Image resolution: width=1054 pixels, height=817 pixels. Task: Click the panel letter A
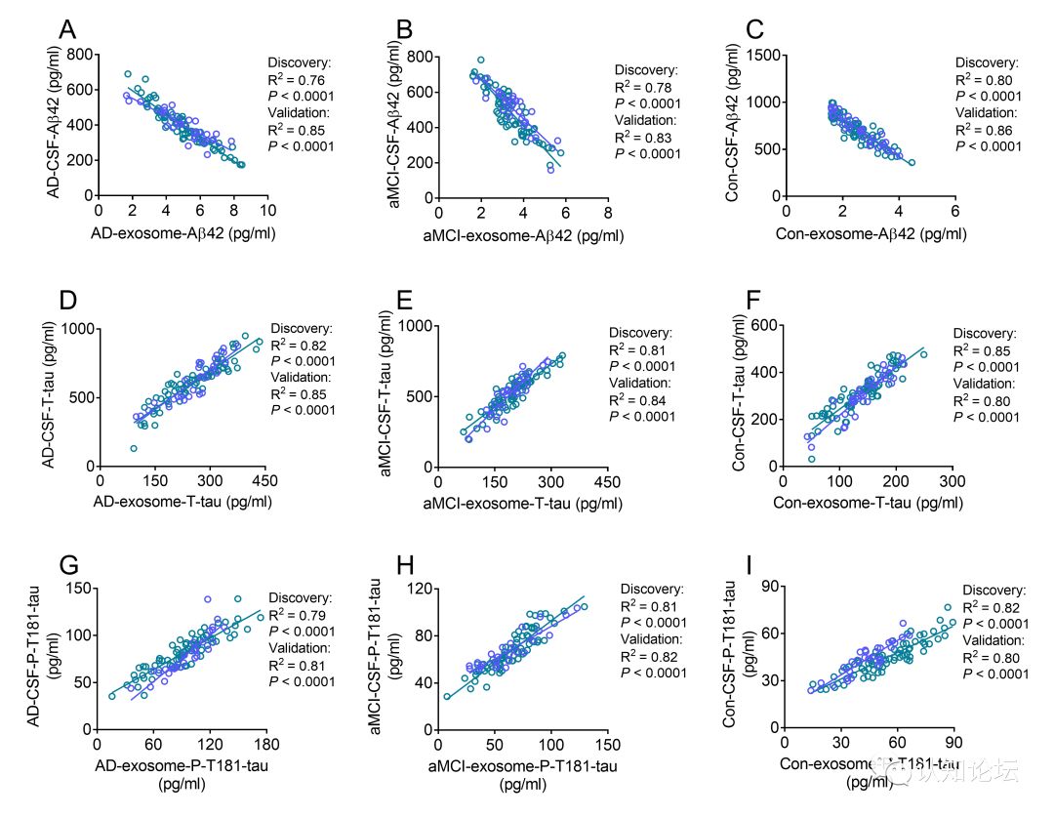tap(67, 30)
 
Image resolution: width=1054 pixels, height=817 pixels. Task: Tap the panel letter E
tap(407, 300)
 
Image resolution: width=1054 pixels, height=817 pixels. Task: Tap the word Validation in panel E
tap(641, 384)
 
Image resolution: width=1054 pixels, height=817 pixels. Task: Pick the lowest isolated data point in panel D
tap(133, 449)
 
